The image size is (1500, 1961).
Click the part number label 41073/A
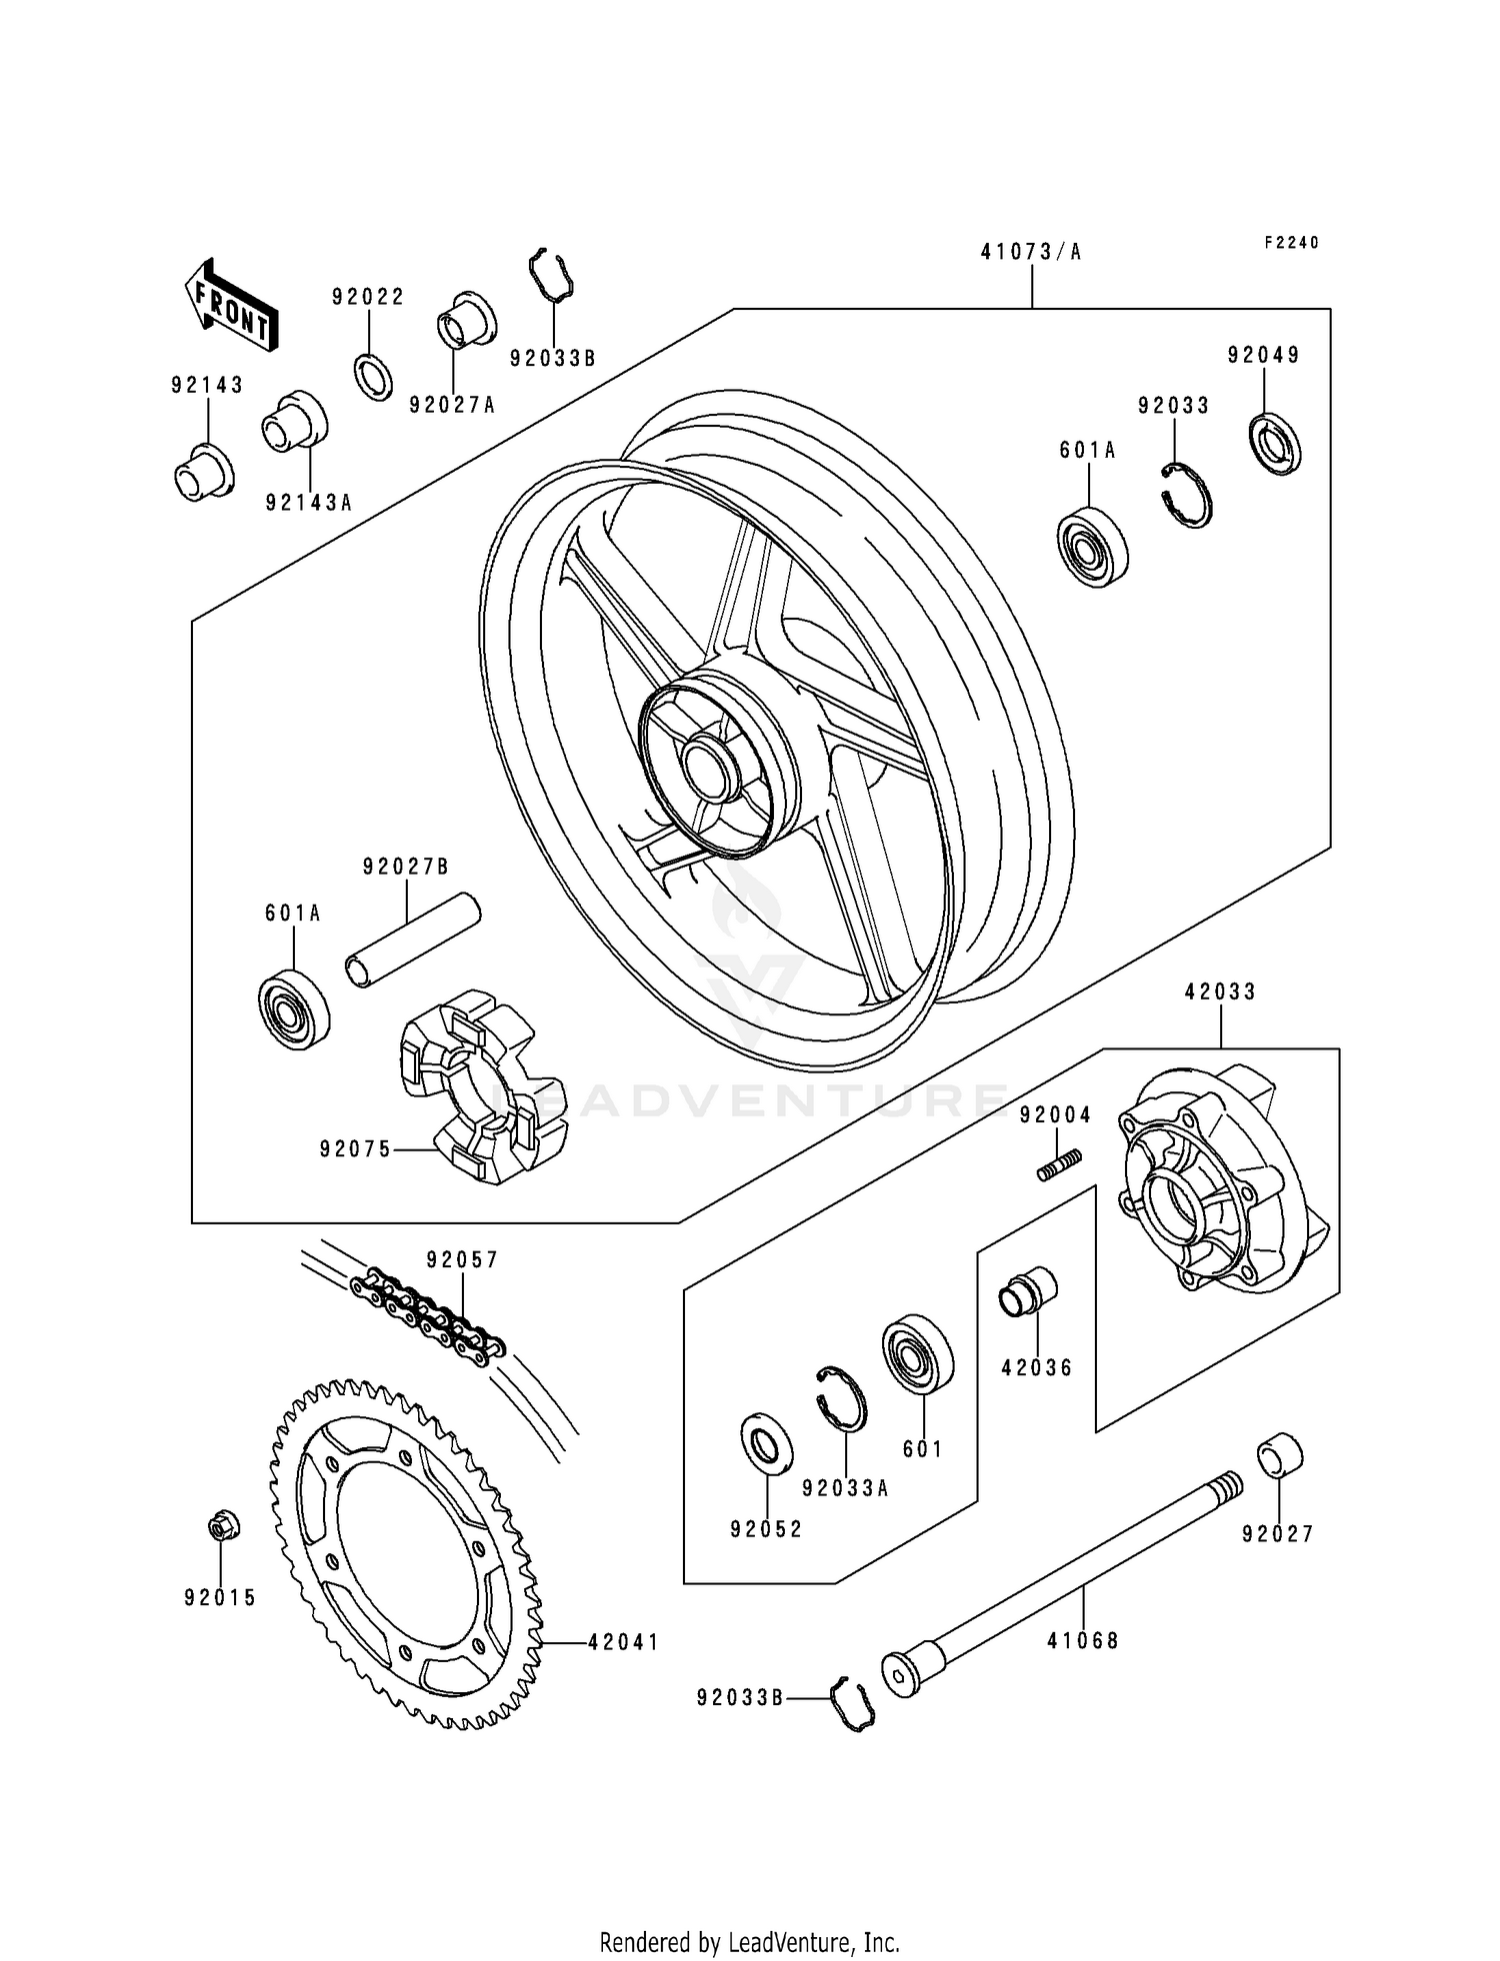tap(1031, 252)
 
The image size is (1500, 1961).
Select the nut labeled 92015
tap(219, 1526)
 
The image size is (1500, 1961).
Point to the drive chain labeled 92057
tap(430, 1314)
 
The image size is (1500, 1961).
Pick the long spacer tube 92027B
tap(412, 941)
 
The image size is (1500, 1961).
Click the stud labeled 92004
tap(1060, 1165)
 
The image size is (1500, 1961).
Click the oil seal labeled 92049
tap(1276, 442)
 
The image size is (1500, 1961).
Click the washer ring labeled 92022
tap(372, 376)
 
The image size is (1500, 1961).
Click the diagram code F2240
tap(1291, 243)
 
